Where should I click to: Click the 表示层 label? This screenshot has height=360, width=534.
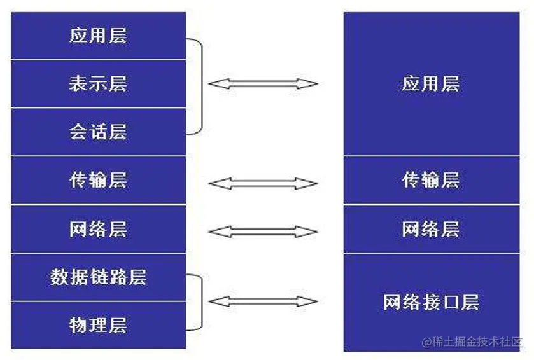98,83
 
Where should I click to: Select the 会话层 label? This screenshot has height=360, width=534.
98,132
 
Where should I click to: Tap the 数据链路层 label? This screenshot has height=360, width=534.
98,277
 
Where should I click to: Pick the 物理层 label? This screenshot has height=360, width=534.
98,326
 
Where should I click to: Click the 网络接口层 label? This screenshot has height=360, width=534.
431,302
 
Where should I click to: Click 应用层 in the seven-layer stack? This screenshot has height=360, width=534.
98,35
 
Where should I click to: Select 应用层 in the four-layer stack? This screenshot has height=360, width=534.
431,84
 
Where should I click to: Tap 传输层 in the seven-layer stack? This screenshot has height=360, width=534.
98,180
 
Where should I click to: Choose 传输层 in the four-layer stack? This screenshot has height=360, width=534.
431,180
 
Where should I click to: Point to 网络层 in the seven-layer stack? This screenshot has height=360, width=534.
98,229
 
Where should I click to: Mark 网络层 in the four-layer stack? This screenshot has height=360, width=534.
431,229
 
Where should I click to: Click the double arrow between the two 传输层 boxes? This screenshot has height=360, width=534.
263,184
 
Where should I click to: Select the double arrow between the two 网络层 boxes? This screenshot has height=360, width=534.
263,232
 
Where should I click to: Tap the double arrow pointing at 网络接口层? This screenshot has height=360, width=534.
263,301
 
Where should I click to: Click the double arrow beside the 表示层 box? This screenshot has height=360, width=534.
263,83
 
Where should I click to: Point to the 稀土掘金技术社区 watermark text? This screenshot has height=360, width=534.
475,342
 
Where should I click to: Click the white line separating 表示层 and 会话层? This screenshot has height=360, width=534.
98,107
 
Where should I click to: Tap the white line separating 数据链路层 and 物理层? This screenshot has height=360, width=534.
98,301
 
